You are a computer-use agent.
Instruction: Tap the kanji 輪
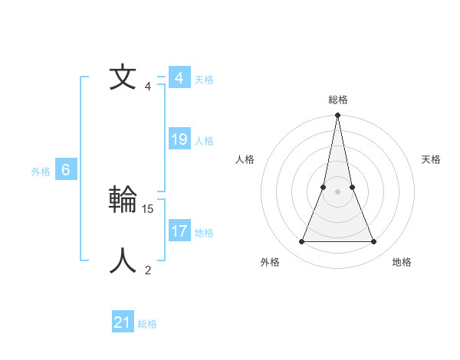[123, 199]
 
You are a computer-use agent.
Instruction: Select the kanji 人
[123, 260]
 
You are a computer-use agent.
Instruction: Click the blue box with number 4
[179, 78]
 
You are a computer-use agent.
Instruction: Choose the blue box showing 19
[179, 139]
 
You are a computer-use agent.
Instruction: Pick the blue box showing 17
[179, 231]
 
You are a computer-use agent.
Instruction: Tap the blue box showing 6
[66, 170]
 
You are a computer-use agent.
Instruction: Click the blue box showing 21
[123, 322]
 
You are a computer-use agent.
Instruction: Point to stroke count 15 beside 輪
[148, 208]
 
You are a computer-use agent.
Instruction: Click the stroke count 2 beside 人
[148, 270]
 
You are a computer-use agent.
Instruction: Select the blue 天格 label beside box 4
[204, 80]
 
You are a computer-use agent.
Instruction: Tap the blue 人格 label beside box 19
[204, 141]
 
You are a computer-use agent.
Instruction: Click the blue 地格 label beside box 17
[204, 233]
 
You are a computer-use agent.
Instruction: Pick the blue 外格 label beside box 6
[41, 172]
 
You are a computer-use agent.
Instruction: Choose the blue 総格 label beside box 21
[147, 324]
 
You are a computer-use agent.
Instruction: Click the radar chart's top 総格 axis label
[337, 100]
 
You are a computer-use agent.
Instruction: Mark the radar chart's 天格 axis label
[431, 159]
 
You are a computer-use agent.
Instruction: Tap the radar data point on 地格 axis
[374, 242]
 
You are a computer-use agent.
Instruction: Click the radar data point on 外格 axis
[301, 242]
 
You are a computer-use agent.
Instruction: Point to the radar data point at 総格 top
[337, 116]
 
